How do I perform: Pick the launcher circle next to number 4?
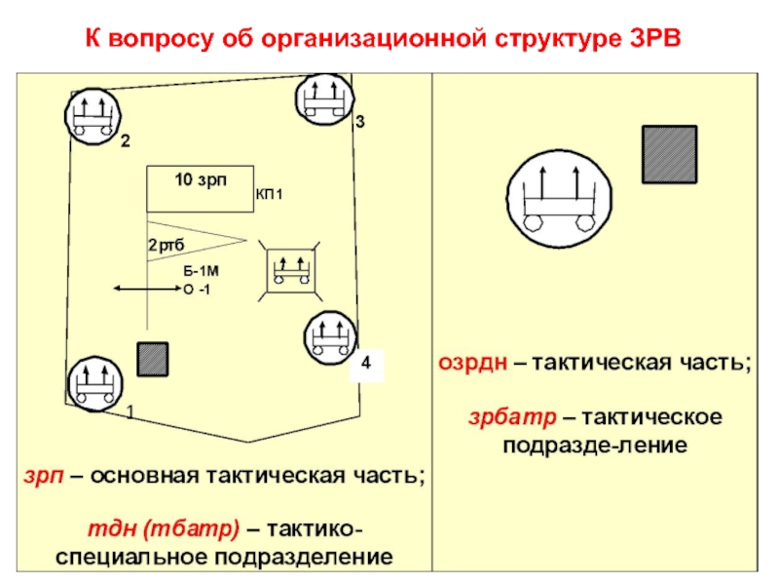click(328, 338)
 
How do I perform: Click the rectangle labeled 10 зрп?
click(200, 189)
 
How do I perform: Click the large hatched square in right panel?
click(669, 154)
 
